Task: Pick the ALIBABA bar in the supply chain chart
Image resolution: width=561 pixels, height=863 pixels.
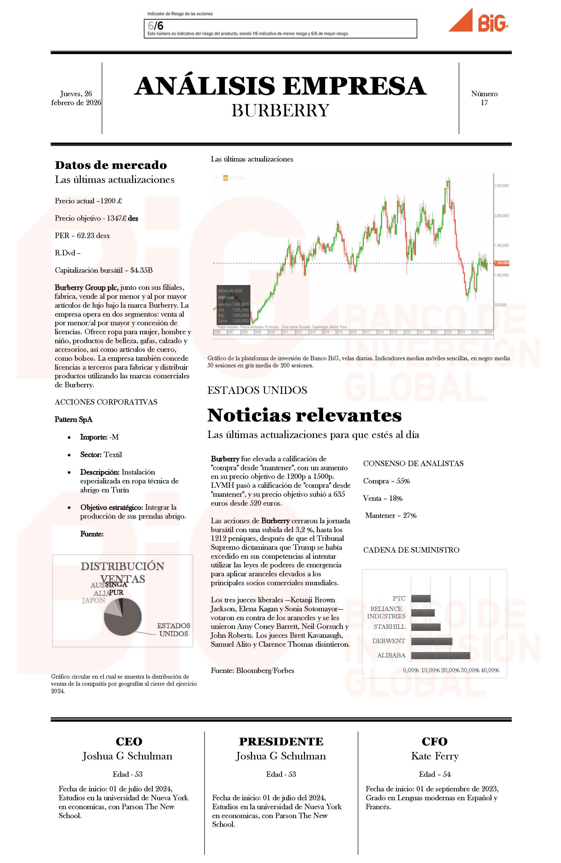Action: [x=440, y=655]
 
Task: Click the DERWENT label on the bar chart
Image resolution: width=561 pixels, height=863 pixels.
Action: [x=389, y=641]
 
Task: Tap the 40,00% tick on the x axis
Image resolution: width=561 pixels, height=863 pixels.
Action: [x=490, y=670]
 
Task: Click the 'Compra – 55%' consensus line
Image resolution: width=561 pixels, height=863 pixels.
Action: [x=386, y=481]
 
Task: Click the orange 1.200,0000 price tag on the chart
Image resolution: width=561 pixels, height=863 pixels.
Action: [x=501, y=263]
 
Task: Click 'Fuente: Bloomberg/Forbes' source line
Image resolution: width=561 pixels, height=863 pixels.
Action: [x=253, y=670]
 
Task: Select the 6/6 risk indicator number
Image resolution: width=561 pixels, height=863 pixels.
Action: [x=156, y=26]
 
